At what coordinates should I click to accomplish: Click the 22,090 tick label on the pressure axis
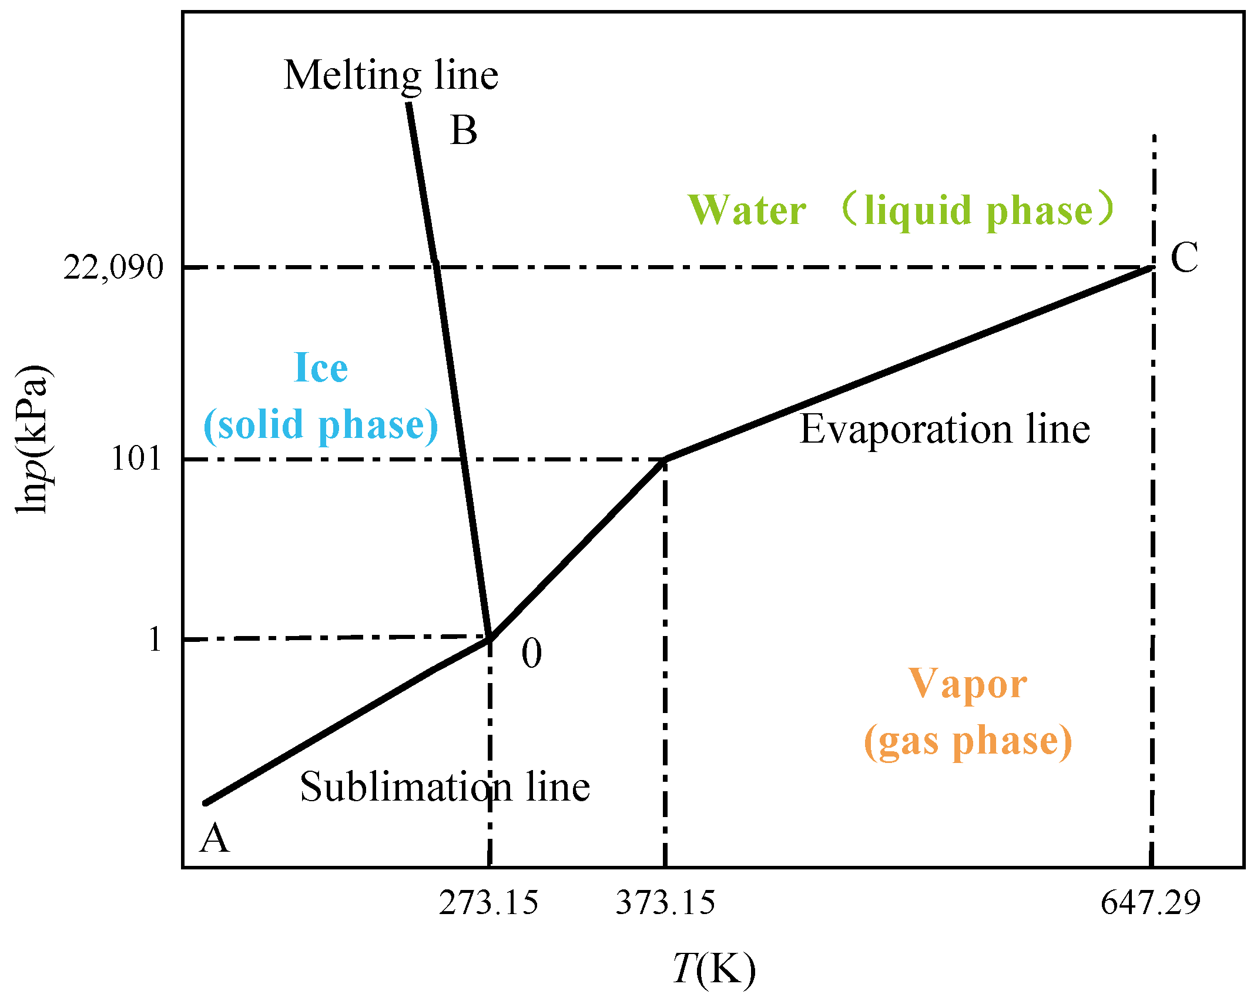click(x=113, y=268)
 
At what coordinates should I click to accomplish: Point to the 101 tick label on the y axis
click(x=136, y=459)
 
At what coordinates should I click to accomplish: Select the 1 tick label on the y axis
click(x=154, y=639)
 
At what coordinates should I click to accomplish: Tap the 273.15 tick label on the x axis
click(x=488, y=902)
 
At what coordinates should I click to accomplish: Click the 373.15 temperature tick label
click(x=665, y=902)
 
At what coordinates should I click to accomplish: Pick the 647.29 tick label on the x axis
click(x=1150, y=902)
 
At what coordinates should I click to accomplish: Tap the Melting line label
click(x=391, y=75)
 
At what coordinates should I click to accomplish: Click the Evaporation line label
click(x=944, y=429)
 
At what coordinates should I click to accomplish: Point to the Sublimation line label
click(x=444, y=787)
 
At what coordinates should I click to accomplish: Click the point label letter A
click(x=214, y=838)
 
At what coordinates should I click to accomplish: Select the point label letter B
click(x=464, y=130)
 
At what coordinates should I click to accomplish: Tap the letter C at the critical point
click(x=1184, y=257)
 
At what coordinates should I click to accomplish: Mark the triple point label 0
click(x=531, y=653)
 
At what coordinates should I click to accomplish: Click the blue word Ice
click(x=321, y=368)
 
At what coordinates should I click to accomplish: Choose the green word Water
click(x=747, y=210)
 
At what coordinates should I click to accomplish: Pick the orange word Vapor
click(x=967, y=684)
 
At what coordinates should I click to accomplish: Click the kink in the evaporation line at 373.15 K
click(x=665, y=460)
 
